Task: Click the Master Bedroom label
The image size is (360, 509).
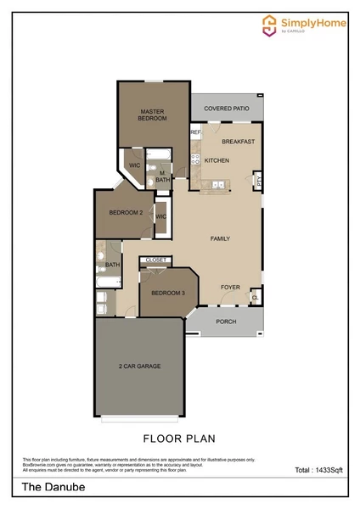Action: [x=151, y=114]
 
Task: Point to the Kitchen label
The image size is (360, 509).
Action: [x=217, y=160]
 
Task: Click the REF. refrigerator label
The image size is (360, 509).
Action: [x=195, y=132]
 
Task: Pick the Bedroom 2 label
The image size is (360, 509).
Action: [x=125, y=212]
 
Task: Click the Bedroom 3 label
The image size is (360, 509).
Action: [x=168, y=293]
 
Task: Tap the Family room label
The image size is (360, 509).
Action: [x=220, y=238]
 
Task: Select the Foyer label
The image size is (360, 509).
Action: [x=230, y=287]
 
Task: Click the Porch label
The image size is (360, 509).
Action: [x=226, y=322]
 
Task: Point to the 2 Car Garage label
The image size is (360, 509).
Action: [x=139, y=366]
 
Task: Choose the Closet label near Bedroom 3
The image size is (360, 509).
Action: [x=155, y=260]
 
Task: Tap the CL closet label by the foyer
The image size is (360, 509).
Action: [x=255, y=298]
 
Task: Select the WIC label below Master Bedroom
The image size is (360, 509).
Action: [x=134, y=165]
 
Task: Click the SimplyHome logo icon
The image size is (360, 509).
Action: [x=270, y=25]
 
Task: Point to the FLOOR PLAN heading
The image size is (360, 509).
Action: [x=179, y=439]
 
